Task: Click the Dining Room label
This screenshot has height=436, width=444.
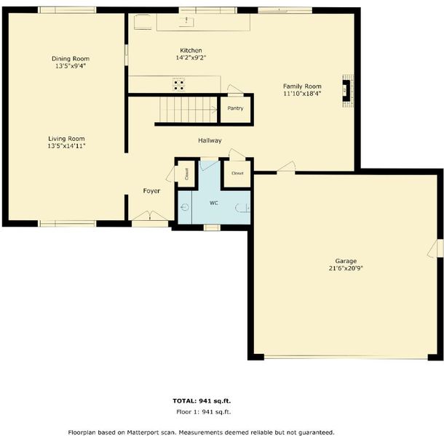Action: click(x=71, y=59)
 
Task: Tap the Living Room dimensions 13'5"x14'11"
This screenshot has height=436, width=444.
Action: click(x=66, y=146)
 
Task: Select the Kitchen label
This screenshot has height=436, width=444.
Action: click(x=191, y=51)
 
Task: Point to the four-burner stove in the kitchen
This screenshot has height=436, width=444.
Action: click(x=179, y=85)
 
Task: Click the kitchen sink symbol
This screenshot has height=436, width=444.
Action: click(x=187, y=21)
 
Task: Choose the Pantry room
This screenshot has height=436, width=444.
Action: click(x=235, y=110)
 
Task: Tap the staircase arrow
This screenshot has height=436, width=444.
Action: click(x=213, y=109)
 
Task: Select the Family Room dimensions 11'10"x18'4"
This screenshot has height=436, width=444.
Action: click(x=302, y=94)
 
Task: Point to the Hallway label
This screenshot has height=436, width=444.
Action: click(x=210, y=140)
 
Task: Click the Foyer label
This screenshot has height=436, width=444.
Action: click(x=151, y=191)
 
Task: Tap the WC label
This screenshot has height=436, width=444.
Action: click(x=214, y=203)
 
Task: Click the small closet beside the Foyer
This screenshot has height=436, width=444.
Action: click(x=186, y=174)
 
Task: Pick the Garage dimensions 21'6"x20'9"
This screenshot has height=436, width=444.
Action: click(x=346, y=268)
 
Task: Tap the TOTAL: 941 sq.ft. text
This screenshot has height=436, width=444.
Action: click(x=202, y=400)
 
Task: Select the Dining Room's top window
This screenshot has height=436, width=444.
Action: click(x=68, y=10)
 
